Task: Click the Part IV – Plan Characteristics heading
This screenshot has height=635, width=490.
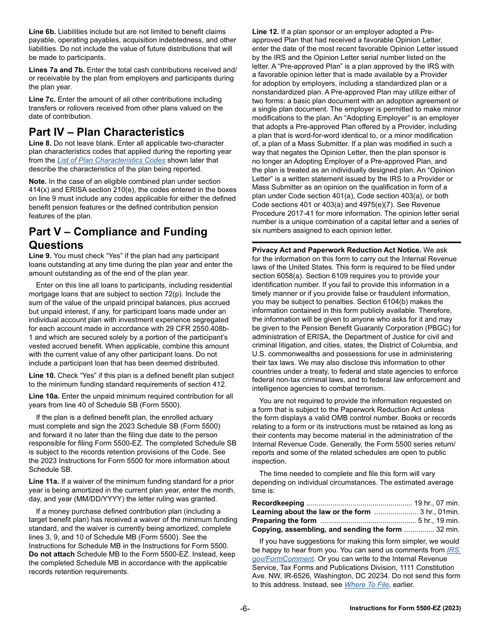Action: (x=106, y=132)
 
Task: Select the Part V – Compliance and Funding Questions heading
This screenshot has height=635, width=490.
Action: (x=118, y=238)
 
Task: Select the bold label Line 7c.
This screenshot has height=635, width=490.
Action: (x=42, y=99)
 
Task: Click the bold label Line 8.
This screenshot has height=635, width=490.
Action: (x=40, y=143)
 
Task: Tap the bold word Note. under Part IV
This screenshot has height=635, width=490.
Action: (x=39, y=182)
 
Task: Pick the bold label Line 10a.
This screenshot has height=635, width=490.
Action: (x=44, y=396)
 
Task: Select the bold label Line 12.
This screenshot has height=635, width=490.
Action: (x=265, y=31)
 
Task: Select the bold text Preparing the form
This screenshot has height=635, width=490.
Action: (x=284, y=520)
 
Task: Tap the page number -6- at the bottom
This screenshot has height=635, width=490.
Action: (x=244, y=608)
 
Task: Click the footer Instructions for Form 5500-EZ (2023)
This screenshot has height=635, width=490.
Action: (x=405, y=608)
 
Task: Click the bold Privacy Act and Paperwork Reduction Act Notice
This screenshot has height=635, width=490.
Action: (x=336, y=250)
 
